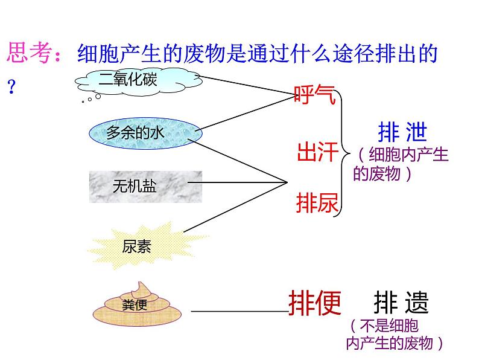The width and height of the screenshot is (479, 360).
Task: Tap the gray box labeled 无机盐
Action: coord(145,186)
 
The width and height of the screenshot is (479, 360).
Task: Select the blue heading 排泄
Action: coord(402,131)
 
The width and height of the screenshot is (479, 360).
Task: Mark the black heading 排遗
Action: coord(401,303)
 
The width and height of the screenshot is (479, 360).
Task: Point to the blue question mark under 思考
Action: coord(10,85)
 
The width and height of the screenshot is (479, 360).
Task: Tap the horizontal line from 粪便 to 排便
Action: coord(241,312)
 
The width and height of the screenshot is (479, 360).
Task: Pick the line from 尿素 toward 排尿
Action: coord(235,207)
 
